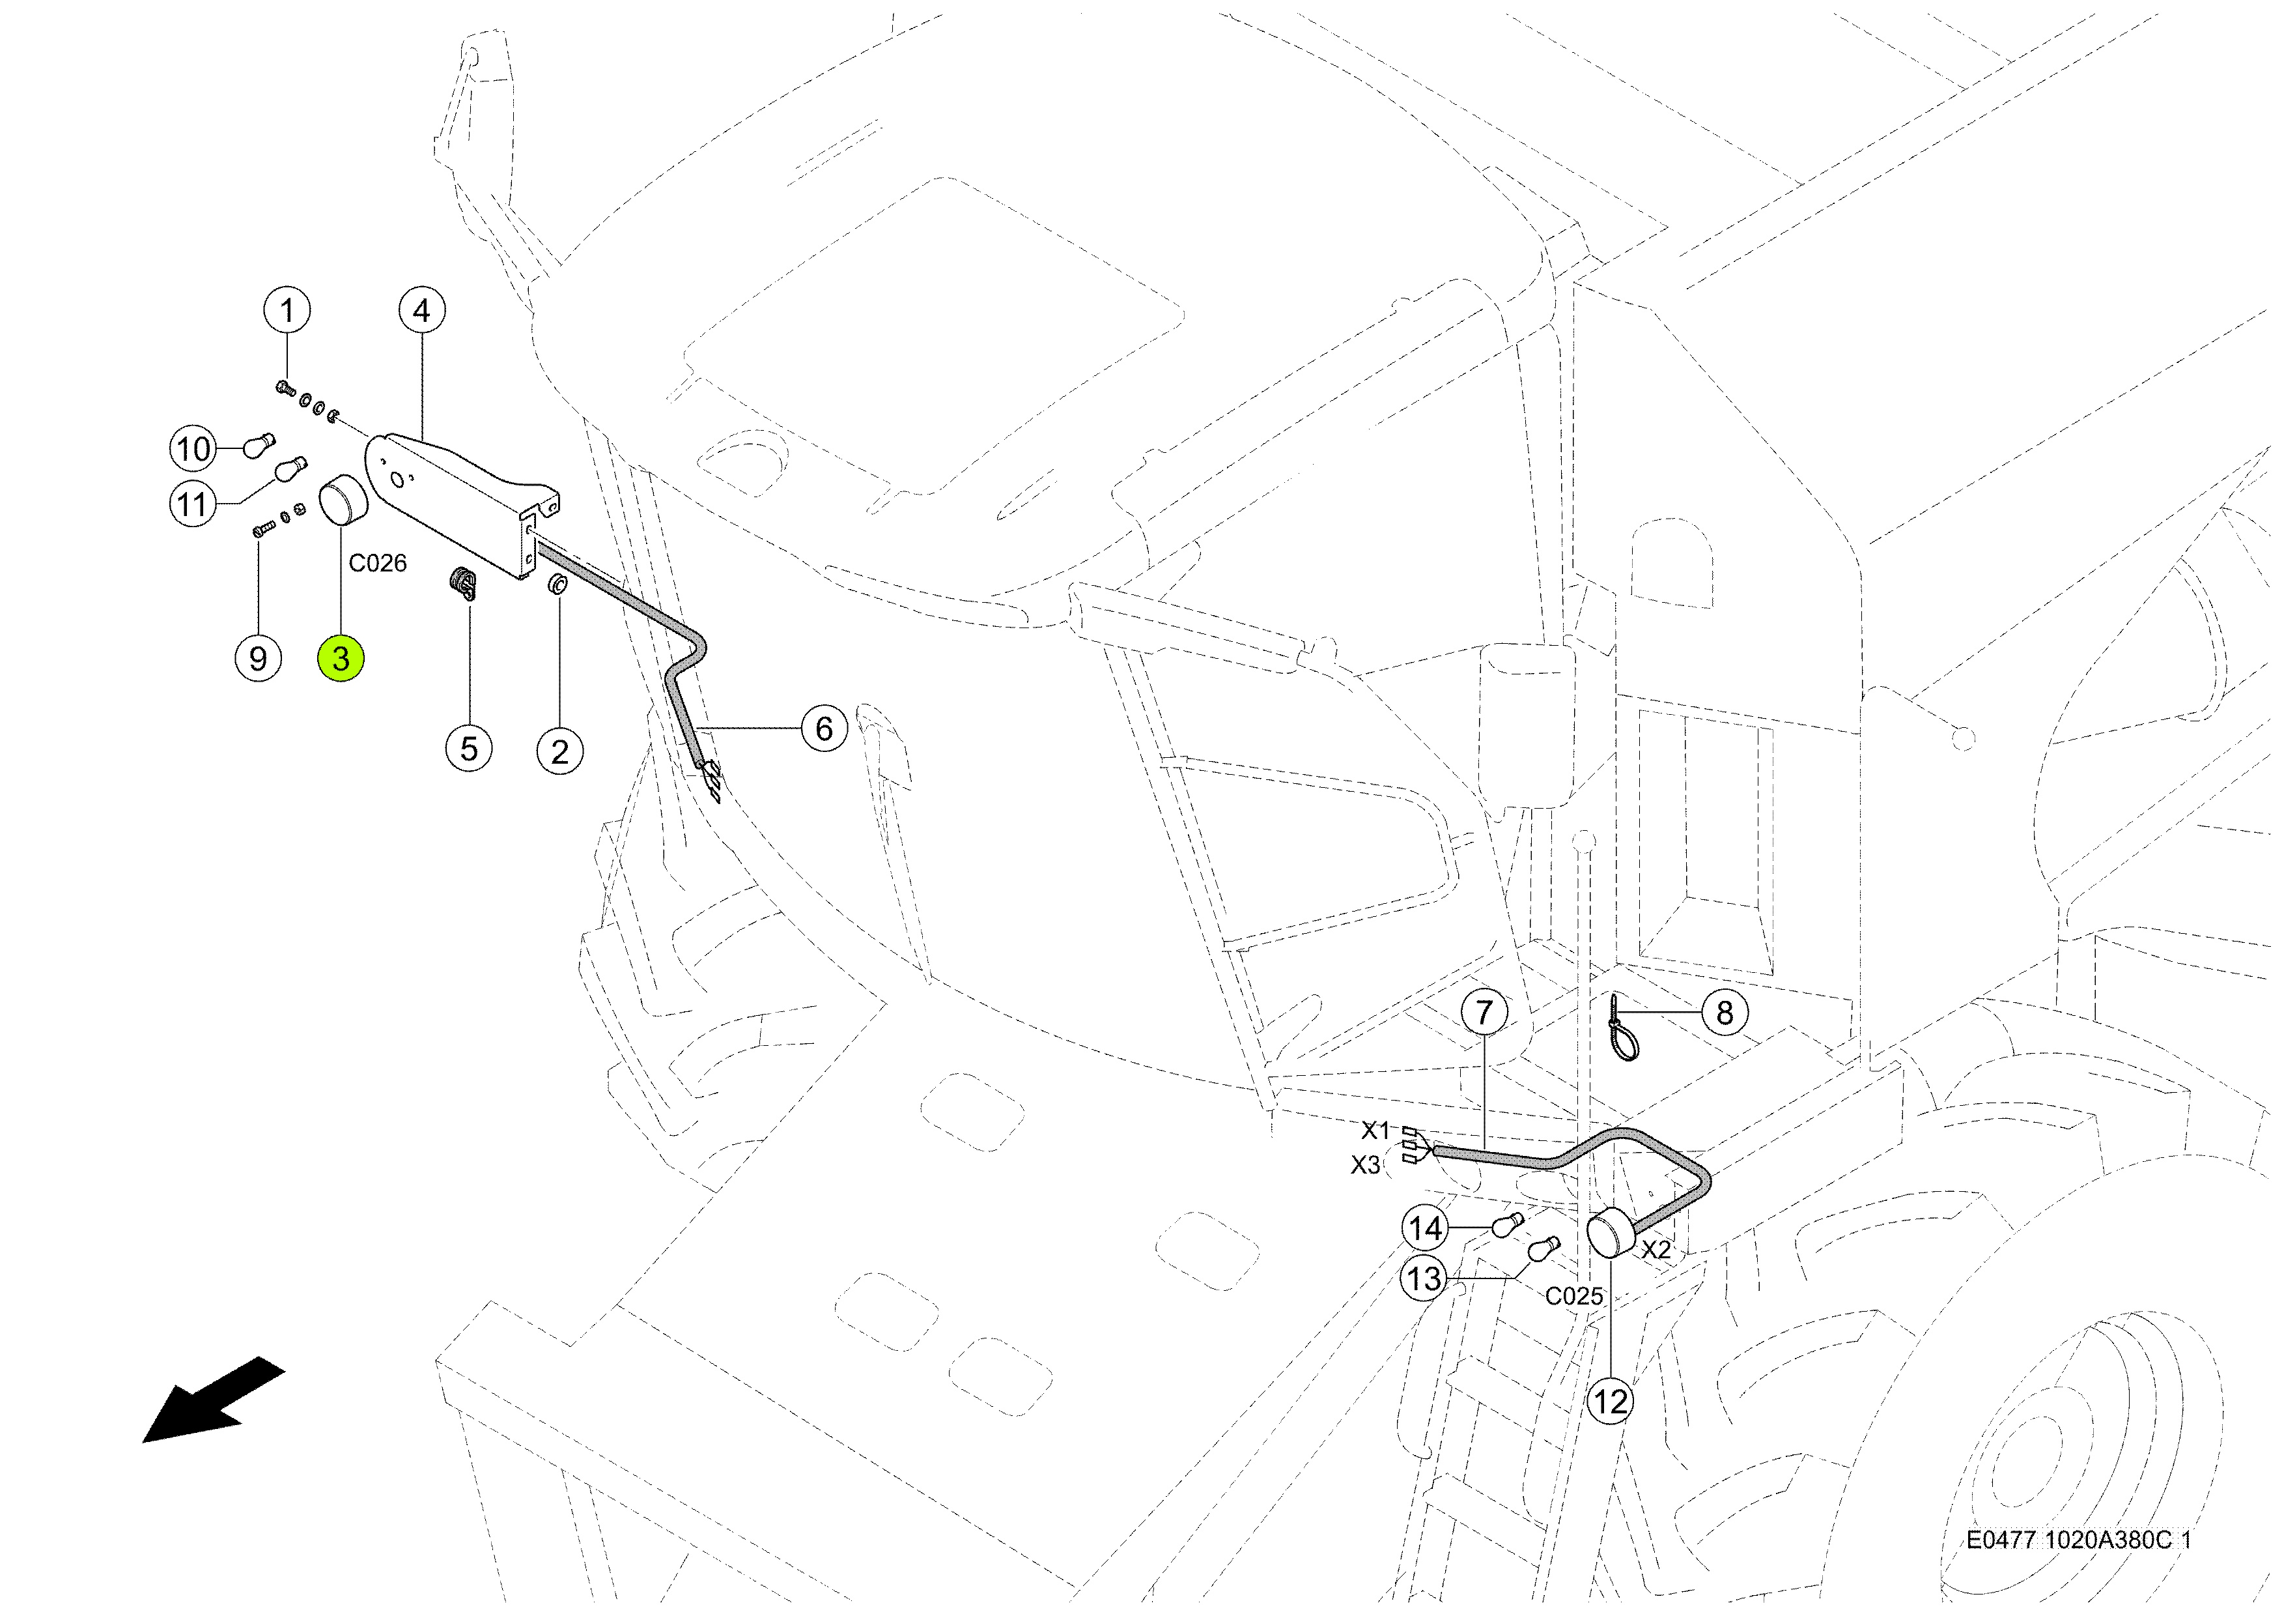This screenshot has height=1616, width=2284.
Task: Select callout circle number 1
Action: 287,310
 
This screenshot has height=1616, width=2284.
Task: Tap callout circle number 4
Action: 422,310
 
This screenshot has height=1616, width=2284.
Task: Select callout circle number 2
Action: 560,751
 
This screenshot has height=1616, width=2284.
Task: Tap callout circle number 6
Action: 824,729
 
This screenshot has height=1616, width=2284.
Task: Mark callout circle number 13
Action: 1424,1278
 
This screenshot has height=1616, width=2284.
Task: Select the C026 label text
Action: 377,563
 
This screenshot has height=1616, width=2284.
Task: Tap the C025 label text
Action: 1573,1295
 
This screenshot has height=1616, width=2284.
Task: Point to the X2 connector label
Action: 1656,1250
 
